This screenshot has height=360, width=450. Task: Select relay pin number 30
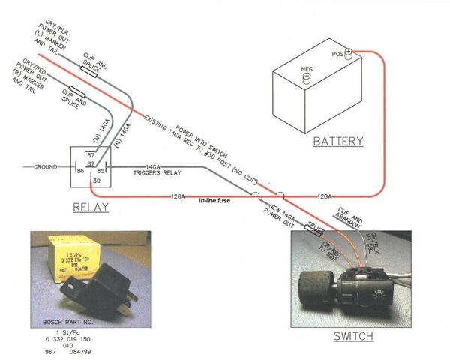tap(95, 181)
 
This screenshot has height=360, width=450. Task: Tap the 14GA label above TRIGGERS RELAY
tap(153, 166)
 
